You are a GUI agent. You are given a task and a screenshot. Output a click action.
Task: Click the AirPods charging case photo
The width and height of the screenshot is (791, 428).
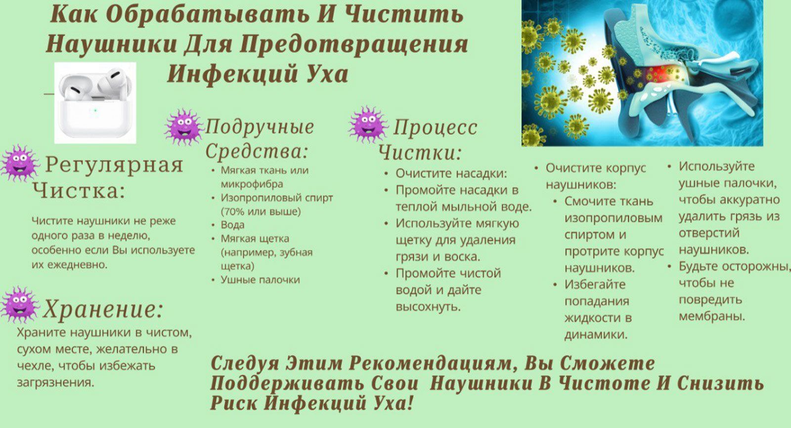(95, 103)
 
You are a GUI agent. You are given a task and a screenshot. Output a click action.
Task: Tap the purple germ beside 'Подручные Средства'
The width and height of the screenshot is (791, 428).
(184, 127)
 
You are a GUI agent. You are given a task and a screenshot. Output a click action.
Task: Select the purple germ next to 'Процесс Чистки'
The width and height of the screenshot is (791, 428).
(368, 125)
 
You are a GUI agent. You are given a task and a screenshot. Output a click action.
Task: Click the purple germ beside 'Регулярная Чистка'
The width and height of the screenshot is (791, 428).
(20, 163)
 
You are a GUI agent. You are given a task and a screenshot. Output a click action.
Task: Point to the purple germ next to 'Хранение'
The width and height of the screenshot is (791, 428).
(20, 305)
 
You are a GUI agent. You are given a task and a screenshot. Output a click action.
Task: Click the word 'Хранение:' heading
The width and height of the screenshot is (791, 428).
(103, 309)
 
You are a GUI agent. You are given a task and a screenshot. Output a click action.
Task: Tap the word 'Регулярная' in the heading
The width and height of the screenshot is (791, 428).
(114, 165)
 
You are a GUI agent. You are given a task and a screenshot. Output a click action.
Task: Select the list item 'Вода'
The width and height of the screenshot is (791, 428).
(232, 225)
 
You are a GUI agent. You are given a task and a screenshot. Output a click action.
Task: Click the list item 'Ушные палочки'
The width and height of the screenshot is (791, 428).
(260, 280)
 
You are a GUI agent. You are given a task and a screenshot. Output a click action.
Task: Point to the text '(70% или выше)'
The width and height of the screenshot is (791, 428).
(261, 212)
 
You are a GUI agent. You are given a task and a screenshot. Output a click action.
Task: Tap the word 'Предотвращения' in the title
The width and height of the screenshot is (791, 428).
(354, 45)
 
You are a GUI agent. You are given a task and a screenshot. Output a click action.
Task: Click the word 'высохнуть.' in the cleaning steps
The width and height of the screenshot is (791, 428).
(428, 307)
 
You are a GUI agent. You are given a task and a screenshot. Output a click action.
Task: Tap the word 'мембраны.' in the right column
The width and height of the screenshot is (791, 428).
(711, 316)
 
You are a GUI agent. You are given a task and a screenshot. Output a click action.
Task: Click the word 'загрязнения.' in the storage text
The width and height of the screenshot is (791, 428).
(55, 383)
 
